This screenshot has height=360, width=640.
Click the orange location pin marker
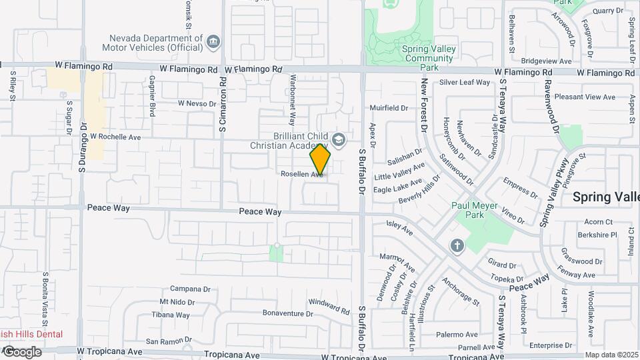(321, 159)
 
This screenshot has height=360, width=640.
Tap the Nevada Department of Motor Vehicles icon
(213, 42)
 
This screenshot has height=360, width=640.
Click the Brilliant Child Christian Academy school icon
(339, 139)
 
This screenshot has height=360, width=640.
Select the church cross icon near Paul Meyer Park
(456, 246)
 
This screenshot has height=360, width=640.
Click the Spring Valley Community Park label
(429, 58)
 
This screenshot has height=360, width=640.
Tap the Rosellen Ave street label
(301, 173)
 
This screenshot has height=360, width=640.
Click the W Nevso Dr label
(198, 103)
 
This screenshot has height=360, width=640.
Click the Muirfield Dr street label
(388, 107)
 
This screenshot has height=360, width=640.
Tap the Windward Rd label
(329, 307)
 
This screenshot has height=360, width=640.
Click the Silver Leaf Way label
(465, 83)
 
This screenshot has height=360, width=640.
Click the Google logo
(21, 352)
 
